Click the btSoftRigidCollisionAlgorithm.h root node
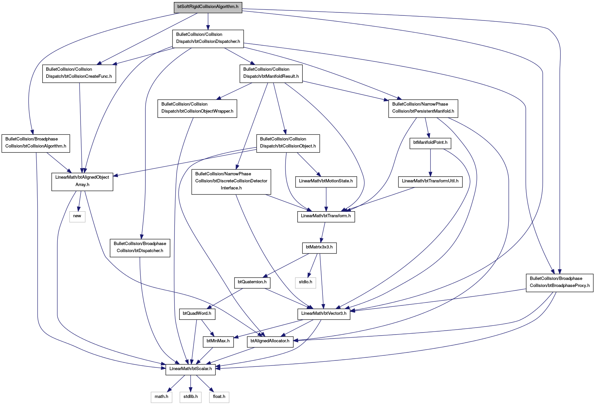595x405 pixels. pyautogui.click(x=208, y=7)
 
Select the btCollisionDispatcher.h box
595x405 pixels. pyautogui.click(x=208, y=39)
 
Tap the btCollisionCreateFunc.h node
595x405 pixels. pyautogui.click(x=79, y=74)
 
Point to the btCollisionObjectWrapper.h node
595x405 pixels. pyautogui.click(x=197, y=109)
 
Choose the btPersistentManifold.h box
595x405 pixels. pyautogui.click(x=423, y=109)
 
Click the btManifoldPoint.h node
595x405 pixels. pyautogui.click(x=430, y=143)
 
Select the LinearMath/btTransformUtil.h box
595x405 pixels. pyautogui.click(x=430, y=182)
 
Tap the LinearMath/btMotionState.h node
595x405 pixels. pyautogui.click(x=326, y=182)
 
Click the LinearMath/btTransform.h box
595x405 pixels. pyautogui.click(x=326, y=217)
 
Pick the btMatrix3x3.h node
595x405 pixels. pyautogui.click(x=319, y=248)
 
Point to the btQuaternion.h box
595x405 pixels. pyautogui.click(x=252, y=283)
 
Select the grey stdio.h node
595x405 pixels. pyautogui.click(x=305, y=283)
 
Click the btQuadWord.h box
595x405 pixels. pyautogui.click(x=197, y=314)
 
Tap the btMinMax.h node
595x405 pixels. pyautogui.click(x=218, y=342)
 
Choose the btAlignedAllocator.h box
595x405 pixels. pyautogui.click(x=270, y=342)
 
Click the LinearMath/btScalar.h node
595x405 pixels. pyautogui.click(x=191, y=370)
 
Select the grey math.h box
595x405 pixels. pyautogui.click(x=161, y=398)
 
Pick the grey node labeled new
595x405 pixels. pyautogui.click(x=77, y=217)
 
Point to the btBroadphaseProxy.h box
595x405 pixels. pyautogui.click(x=559, y=283)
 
